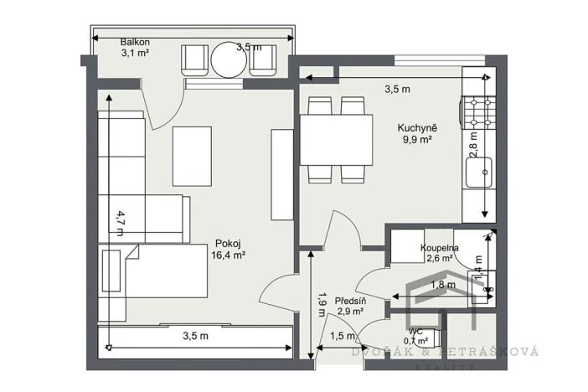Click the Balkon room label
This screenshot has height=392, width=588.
135,42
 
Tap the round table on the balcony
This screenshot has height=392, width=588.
229,59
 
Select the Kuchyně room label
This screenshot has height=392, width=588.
417,128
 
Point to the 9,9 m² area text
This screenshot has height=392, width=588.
417,141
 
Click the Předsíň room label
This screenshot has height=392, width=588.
348,300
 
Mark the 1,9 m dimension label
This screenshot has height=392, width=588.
322,302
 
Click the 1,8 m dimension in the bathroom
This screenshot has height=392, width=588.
442,285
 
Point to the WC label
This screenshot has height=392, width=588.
416,330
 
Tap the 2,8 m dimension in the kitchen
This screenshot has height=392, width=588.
474,144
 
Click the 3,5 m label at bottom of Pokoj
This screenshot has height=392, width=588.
195,336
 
